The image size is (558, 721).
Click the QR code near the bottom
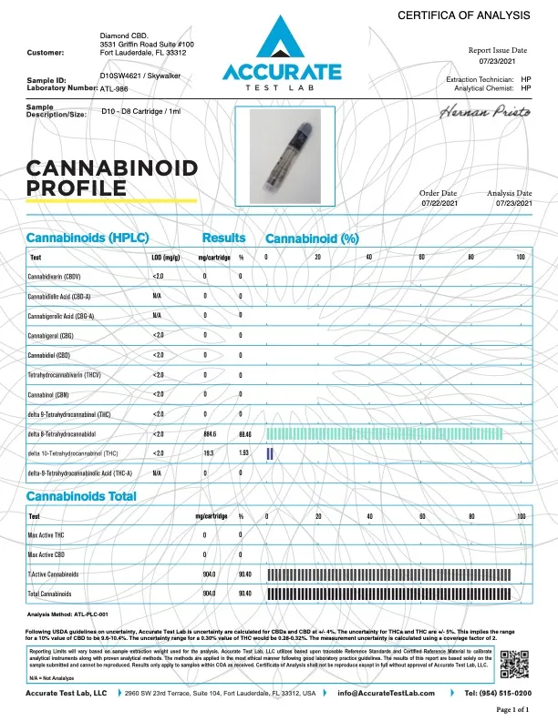point(515,665)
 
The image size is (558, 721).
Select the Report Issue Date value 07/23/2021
point(510,61)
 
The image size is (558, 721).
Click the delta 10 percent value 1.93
point(243,452)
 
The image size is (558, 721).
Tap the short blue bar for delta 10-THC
point(269,452)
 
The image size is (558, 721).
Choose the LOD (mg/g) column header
point(164,258)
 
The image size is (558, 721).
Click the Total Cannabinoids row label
point(52,593)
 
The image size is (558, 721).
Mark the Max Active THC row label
point(49,534)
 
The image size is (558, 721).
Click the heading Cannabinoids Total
point(81,496)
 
